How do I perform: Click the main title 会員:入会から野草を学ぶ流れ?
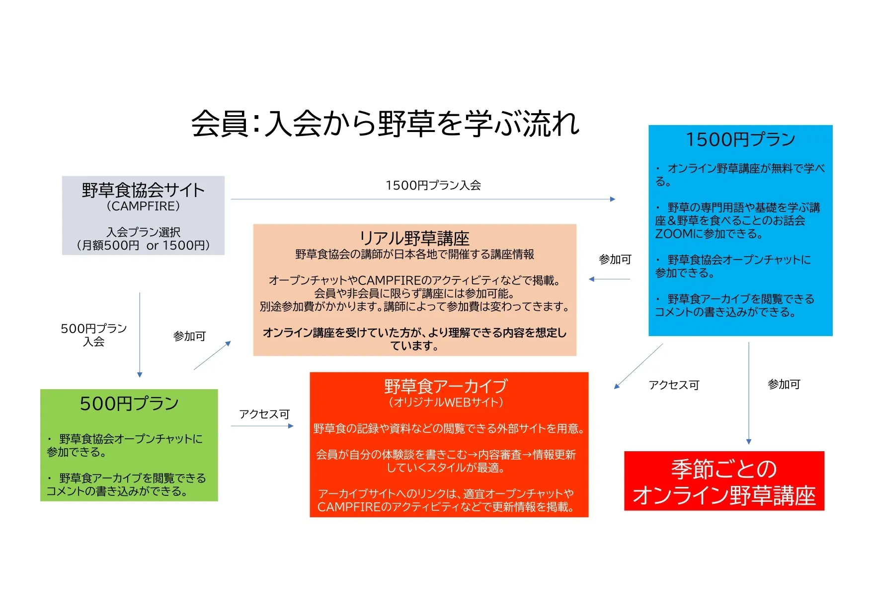click(386, 124)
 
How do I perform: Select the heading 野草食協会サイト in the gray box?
click(143, 190)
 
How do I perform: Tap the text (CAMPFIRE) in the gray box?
click(143, 206)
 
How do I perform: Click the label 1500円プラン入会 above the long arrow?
click(433, 186)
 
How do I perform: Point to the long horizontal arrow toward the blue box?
click(423, 199)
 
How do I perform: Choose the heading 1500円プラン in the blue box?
click(740, 139)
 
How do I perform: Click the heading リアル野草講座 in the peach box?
click(414, 238)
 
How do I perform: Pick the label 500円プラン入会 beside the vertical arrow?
click(94, 335)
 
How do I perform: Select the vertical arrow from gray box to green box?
click(140, 335)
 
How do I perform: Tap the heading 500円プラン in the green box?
click(129, 404)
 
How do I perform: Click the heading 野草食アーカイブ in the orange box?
click(446, 386)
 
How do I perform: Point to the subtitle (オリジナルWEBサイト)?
click(446, 402)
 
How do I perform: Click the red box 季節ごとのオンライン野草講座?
click(724, 481)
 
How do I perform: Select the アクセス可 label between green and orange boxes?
click(264, 414)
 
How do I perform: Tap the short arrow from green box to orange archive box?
click(262, 426)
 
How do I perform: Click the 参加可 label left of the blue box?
click(615, 260)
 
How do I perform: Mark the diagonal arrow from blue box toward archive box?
click(638, 366)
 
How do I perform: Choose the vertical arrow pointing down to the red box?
click(749, 393)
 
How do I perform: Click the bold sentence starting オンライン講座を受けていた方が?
click(414, 339)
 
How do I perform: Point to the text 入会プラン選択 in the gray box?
click(144, 232)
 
